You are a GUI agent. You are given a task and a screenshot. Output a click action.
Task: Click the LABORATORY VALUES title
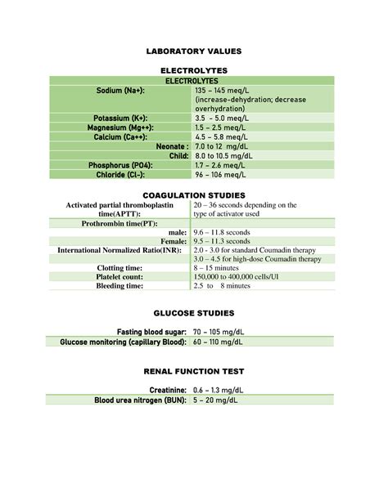click(194, 51)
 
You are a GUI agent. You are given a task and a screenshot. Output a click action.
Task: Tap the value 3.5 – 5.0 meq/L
click(221, 119)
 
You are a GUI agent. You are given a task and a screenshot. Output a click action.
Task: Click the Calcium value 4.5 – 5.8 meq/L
click(221, 137)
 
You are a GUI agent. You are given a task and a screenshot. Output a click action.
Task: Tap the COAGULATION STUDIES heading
click(194, 196)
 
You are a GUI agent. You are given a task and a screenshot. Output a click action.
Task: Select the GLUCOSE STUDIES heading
click(194, 313)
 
